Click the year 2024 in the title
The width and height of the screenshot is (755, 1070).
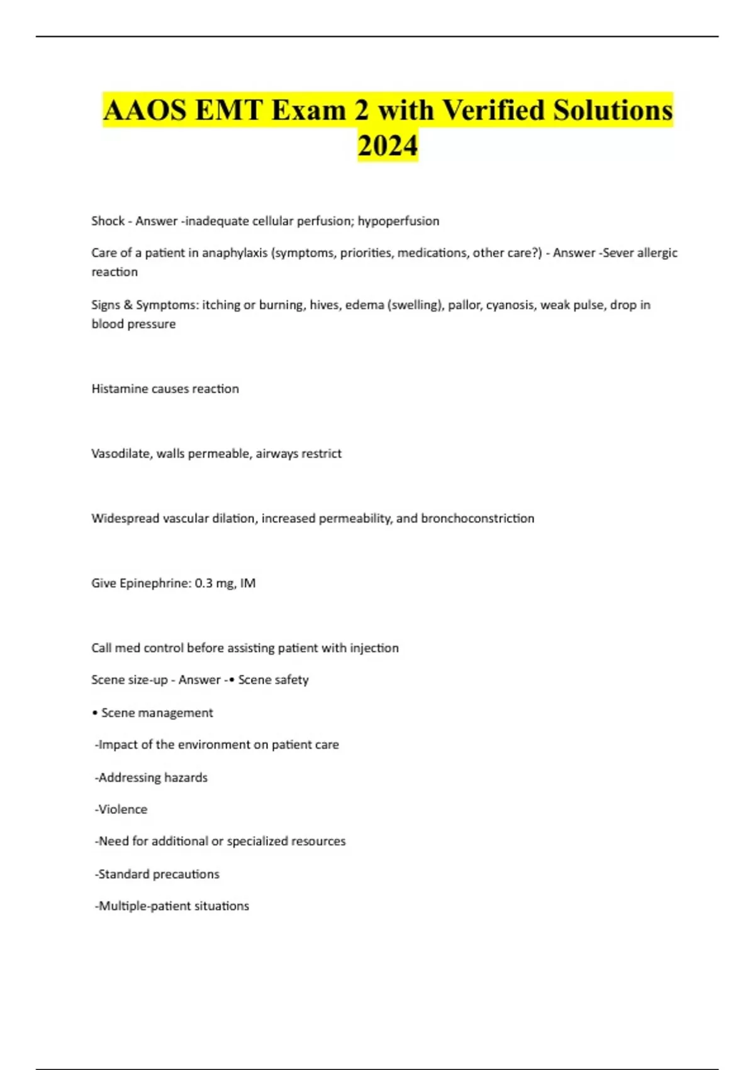tap(388, 145)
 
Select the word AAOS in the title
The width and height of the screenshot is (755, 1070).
tap(145, 110)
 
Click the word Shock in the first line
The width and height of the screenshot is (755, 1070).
tap(108, 221)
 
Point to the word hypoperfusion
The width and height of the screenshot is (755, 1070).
tap(398, 221)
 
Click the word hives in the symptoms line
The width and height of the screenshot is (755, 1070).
tap(324, 305)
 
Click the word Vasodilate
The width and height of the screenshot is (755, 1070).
tap(121, 454)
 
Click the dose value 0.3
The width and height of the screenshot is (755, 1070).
tap(203, 583)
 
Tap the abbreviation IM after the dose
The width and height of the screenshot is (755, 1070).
tap(248, 583)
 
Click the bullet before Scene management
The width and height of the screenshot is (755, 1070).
tap(94, 713)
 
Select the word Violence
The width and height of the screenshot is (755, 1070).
tap(123, 809)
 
